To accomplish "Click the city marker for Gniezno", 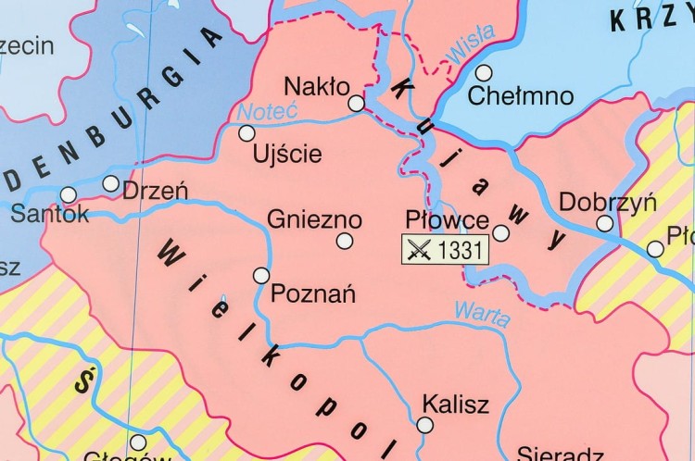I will click(x=345, y=241).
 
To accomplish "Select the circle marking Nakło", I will click(x=357, y=104).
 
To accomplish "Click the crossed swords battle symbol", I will click(x=420, y=250).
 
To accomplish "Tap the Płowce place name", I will click(x=448, y=220).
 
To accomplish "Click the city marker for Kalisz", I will click(x=424, y=425).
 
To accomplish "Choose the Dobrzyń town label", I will click(x=594, y=202).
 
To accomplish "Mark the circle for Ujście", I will click(x=246, y=133).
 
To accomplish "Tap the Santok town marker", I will click(x=69, y=194).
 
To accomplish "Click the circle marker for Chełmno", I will click(x=482, y=71).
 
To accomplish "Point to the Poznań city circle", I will click(x=261, y=275).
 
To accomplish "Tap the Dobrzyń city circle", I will click(x=604, y=223).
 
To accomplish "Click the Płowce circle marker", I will click(x=500, y=232).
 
